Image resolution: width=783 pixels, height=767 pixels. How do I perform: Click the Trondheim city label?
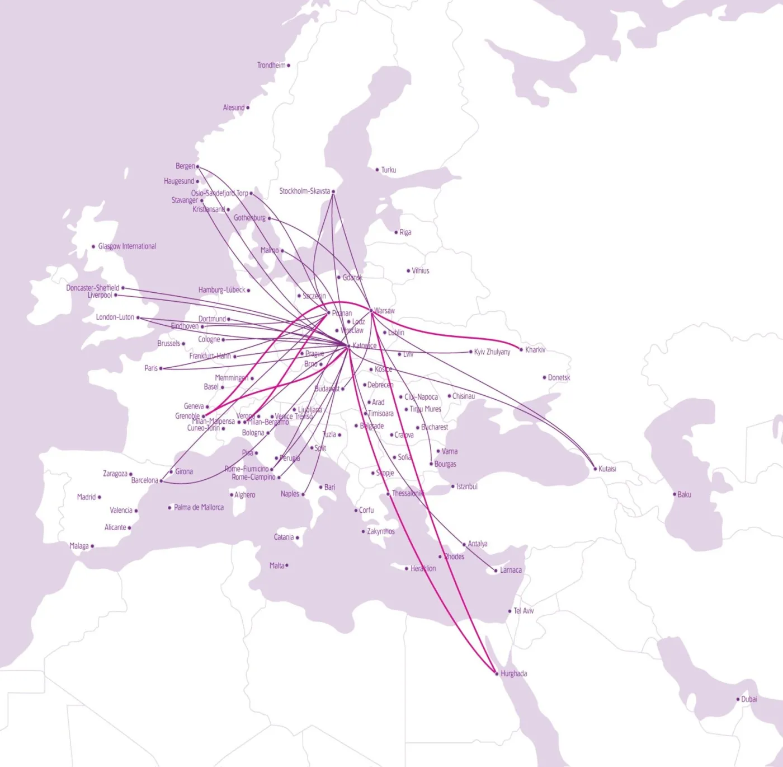271,66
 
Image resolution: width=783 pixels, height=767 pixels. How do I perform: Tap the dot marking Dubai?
738,699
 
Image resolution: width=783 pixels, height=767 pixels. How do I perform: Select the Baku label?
684,494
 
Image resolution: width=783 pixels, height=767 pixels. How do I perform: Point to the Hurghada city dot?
497,674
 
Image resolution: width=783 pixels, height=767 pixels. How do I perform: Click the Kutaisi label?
607,469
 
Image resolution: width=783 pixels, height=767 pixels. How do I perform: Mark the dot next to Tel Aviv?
510,611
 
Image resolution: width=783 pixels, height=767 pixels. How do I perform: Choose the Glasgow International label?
127,246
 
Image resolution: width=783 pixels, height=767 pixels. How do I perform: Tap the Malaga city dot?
92,546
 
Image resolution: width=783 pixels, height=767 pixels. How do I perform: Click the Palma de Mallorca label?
199,507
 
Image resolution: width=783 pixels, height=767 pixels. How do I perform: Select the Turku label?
388,170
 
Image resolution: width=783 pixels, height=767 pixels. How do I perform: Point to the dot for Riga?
396,232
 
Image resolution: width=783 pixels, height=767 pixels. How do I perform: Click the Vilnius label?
421,270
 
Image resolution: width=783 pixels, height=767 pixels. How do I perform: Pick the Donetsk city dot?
544,377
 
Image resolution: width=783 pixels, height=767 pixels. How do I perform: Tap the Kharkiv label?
535,350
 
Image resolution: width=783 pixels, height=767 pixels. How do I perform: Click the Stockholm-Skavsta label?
304,191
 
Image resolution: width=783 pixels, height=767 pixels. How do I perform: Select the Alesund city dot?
248,107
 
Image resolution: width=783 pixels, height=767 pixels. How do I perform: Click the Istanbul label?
466,487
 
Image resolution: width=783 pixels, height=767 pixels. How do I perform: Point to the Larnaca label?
511,570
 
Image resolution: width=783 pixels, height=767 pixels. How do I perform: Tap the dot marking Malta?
287,565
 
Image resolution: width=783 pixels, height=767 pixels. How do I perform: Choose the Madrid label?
86,497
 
